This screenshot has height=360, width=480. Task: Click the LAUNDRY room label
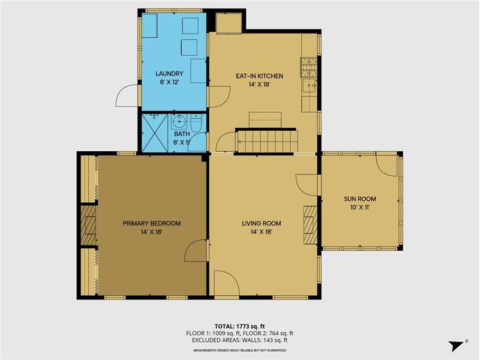pos(169,73)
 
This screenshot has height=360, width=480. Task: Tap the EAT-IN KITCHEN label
pos(259,76)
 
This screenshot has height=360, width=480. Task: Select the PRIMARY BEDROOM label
pos(152,223)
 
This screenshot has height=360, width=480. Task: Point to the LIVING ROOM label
pos(262,223)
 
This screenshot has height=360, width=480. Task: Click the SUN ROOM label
pos(360,199)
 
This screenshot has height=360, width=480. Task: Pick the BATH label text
pos(182,134)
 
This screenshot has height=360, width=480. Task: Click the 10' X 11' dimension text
pos(360,208)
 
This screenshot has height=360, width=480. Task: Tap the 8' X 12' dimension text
pos(169,82)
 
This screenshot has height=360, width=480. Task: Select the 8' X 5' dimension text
pos(182,142)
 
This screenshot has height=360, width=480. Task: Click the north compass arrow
pos(456,346)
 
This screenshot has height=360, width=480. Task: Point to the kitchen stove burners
pos(308,67)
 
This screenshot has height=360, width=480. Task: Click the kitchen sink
pos(309,86)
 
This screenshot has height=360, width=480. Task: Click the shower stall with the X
pos(155,133)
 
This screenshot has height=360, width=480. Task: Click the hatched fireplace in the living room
pos(310,225)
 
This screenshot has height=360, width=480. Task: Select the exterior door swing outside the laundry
pos(127,96)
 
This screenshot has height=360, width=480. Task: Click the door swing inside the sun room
pos(386,166)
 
